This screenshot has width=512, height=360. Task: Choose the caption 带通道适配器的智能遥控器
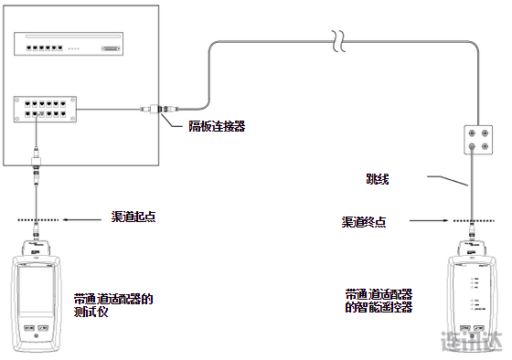coord(379,301)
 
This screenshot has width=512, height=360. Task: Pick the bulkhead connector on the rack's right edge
coord(158,109)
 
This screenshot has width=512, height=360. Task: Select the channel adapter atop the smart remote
coord(470,249)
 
